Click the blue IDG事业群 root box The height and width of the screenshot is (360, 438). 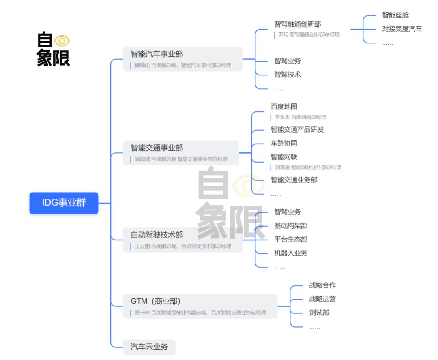(x=64, y=203)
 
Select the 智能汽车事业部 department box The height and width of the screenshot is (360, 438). (x=182, y=59)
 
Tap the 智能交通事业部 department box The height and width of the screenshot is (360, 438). (x=181, y=153)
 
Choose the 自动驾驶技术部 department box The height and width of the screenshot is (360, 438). (x=182, y=240)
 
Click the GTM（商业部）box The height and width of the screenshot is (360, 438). (x=200, y=306)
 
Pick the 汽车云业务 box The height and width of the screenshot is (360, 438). (x=149, y=347)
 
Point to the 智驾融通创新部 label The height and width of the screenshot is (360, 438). (x=298, y=24)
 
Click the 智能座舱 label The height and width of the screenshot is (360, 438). (x=395, y=15)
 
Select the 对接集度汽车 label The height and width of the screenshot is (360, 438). (x=402, y=29)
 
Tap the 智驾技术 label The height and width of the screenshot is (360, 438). (x=288, y=75)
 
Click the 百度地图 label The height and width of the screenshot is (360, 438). (x=284, y=107)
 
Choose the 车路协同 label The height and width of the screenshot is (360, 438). (x=284, y=143)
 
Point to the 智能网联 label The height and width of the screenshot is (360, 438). (x=284, y=157)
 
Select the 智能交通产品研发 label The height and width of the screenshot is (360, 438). (x=297, y=130)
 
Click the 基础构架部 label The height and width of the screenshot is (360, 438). (x=291, y=226)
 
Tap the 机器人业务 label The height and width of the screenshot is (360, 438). (x=291, y=253)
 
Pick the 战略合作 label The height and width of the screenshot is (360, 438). (x=322, y=285)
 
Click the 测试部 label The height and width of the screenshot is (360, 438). (x=319, y=313)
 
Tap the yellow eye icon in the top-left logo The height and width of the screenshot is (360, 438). (x=62, y=41)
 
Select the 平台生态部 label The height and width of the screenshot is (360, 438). (x=291, y=239)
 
